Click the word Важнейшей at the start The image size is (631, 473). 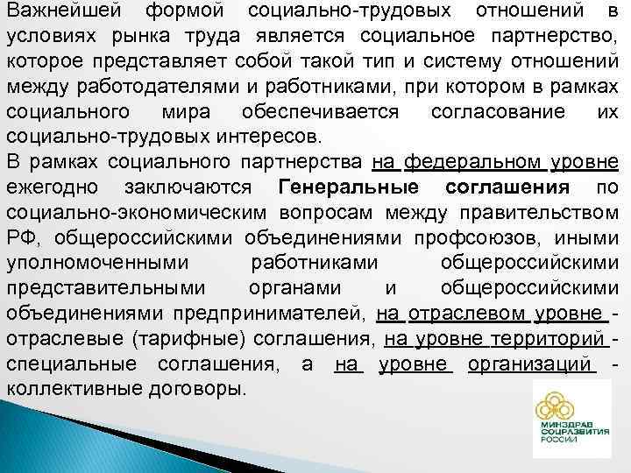[x=58, y=12]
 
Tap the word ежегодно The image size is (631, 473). [x=52, y=189]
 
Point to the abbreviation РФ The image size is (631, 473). [x=19, y=240]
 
